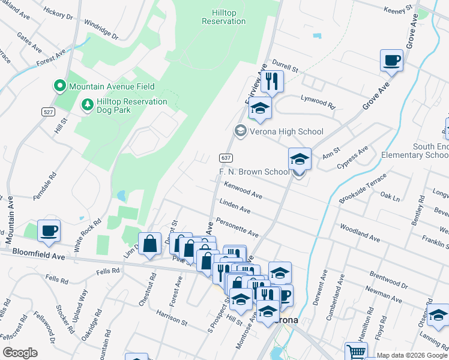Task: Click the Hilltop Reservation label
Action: (224, 17)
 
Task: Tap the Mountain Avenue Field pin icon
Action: (60, 86)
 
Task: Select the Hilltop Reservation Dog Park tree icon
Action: (88, 105)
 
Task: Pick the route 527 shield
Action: (49, 112)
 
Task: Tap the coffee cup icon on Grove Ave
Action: (391, 61)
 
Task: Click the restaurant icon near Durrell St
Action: (272, 81)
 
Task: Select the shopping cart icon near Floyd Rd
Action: (356, 352)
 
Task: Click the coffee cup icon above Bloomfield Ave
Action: (49, 230)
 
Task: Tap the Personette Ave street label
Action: (238, 229)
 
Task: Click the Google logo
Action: (20, 353)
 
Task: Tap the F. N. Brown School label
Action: (253, 172)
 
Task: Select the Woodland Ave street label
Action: (360, 233)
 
